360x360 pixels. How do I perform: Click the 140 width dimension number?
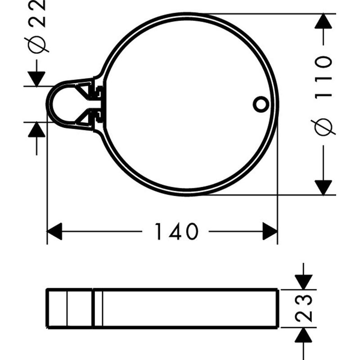[176, 231]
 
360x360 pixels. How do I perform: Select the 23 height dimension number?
[305, 308]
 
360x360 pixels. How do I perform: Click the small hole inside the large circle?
[260, 104]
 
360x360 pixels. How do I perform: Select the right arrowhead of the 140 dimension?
[270, 231]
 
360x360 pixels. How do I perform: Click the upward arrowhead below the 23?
[304, 335]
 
